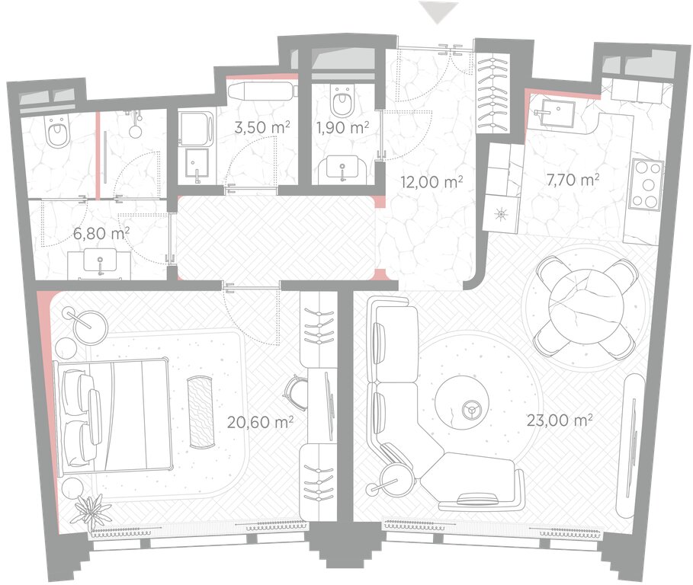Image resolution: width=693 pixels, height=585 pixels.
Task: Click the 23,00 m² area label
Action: (560, 420)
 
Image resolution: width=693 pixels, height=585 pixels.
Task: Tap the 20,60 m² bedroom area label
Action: (260, 422)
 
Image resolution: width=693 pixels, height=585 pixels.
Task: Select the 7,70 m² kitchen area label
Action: (573, 180)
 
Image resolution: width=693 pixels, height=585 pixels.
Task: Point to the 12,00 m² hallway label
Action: (432, 181)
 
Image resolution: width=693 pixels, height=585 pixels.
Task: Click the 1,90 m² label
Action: (343, 128)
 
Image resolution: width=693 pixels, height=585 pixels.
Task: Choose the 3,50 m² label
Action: (262, 128)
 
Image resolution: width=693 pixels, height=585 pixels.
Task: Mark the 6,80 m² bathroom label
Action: (101, 233)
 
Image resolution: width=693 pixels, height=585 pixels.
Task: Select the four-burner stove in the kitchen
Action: (647, 184)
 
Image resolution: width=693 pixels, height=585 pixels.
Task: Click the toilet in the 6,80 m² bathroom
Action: (58, 132)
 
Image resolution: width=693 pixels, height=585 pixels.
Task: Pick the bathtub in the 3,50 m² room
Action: (262, 91)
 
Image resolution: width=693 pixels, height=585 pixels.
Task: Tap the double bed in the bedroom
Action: (112, 415)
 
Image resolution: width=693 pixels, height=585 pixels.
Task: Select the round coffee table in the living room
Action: (461, 401)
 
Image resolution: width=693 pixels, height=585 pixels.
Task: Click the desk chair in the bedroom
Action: (294, 392)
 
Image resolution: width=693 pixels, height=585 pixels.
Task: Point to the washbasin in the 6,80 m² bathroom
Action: (101, 261)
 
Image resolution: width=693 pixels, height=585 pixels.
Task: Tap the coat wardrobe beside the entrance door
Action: (492, 94)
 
